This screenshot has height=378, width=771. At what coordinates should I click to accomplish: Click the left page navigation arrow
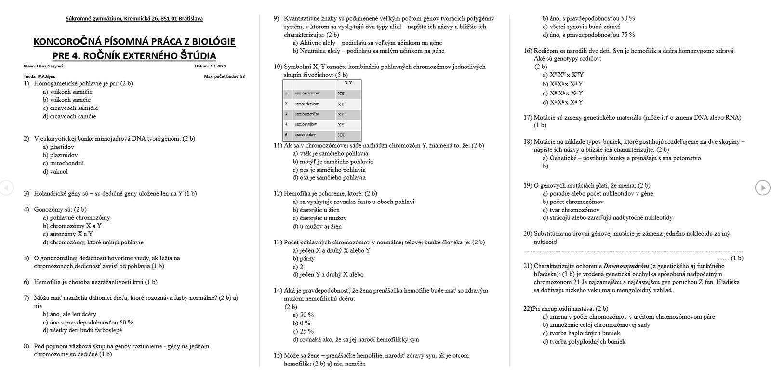tap(6, 187)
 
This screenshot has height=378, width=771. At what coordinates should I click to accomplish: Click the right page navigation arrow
tap(763, 188)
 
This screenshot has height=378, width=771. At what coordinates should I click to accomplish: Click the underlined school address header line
tap(134, 19)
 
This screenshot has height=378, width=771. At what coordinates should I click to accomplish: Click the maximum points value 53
tap(242, 76)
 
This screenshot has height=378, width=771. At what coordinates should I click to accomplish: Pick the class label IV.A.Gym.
tap(46, 76)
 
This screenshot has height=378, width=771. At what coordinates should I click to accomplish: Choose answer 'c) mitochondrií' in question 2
tap(63, 163)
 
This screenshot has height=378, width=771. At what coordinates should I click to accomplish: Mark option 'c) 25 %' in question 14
tap(303, 331)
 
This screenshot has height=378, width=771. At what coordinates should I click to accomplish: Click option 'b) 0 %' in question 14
tap(301, 323)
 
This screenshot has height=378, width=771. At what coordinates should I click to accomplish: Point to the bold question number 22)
tap(528, 309)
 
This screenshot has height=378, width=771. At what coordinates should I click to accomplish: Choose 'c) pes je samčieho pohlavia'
tap(329, 170)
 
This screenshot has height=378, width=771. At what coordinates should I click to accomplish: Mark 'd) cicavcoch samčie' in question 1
tap(69, 116)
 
